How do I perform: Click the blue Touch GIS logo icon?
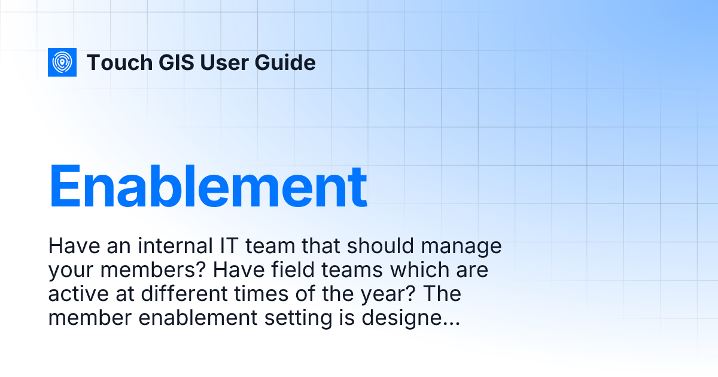(x=62, y=62)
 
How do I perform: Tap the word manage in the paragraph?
(x=467, y=246)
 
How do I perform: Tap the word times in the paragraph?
(x=269, y=294)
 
